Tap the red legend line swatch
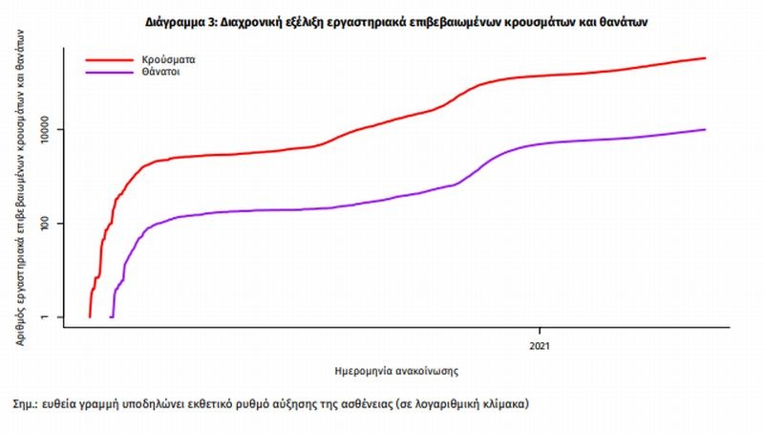tap(107, 59)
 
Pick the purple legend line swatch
tap(107, 71)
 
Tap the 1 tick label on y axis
tap(46, 317)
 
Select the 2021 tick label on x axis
tap(541, 345)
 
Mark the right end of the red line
tap(706, 58)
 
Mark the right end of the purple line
tap(706, 129)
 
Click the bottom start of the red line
tap(90, 316)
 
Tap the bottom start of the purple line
tap(112, 316)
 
